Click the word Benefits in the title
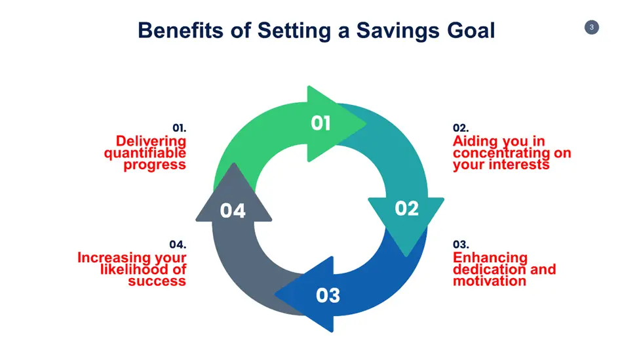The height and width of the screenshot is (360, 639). pos(180,30)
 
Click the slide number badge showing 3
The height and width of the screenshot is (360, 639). pos(592,28)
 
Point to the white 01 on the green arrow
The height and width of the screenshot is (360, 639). pos(320,123)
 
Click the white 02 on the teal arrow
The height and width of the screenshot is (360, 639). pos(407,209)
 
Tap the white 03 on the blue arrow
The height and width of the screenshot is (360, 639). pos(328,296)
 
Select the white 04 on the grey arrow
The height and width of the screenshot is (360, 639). pos(233,210)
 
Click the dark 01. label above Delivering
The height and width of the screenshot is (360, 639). pos(180,128)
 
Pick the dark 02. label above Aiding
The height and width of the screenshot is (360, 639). pos(461,128)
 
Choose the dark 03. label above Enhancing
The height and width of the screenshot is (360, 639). pos(461,245)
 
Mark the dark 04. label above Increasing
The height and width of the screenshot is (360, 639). pos(178,245)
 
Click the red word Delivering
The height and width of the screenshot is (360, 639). pos(151,141)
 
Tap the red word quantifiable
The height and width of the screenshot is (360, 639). pos(145,153)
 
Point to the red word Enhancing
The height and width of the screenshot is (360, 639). pos(490,258)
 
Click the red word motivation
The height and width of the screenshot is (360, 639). pos(490,281)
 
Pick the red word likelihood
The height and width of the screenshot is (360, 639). pos(134,269)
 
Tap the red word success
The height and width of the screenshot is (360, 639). pos(157,281)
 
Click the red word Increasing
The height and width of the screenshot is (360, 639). pos(110,258)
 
